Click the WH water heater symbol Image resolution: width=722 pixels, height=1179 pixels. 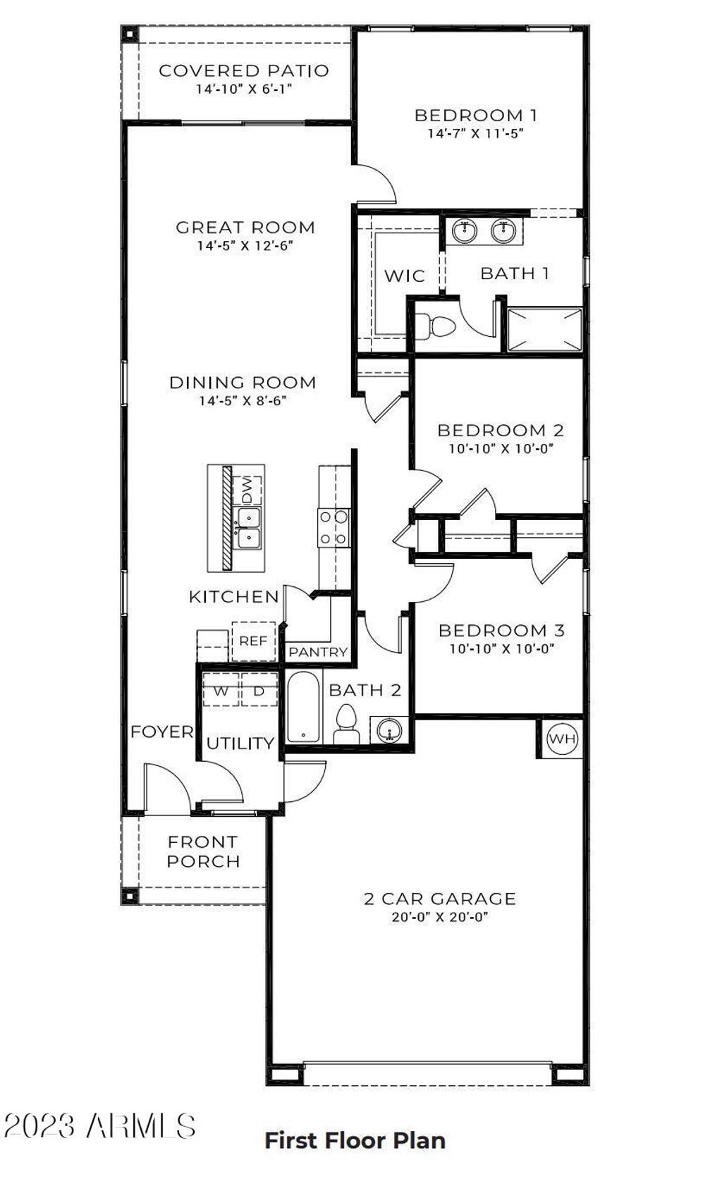click(562, 739)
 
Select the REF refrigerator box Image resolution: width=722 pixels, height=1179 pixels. click(253, 641)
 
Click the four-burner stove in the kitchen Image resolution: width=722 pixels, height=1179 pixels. click(334, 527)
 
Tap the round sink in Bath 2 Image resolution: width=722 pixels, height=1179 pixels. click(391, 729)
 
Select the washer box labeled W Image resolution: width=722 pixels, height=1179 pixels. click(221, 691)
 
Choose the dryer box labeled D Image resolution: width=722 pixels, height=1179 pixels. click(259, 691)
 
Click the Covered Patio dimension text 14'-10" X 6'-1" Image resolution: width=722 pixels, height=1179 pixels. click(243, 89)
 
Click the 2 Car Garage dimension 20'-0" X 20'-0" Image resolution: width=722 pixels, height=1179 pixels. click(440, 918)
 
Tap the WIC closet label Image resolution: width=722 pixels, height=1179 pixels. click(404, 276)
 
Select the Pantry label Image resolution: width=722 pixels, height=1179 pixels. click(318, 652)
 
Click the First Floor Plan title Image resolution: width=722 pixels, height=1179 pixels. click(355, 1140)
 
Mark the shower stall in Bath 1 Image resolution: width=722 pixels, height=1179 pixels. click(545, 329)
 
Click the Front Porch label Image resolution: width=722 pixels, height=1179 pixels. click(204, 851)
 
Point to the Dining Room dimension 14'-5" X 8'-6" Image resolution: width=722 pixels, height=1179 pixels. click(243, 401)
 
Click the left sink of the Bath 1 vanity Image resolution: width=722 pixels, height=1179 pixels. click(465, 230)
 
